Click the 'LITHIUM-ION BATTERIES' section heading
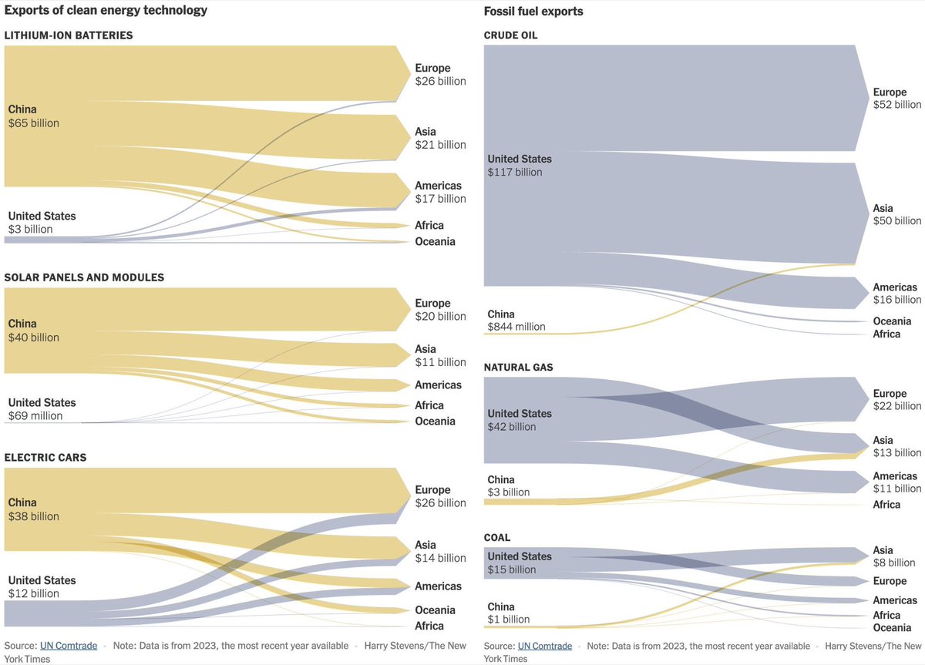69,35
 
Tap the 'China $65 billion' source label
33,116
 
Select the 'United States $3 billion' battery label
42,223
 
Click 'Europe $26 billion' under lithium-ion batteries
440,75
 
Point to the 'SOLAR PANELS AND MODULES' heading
84,277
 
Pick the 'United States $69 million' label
42,409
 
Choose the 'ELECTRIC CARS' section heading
45,458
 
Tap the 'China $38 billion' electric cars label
33,509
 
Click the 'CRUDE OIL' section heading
510,35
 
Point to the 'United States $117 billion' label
520,166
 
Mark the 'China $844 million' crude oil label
516,321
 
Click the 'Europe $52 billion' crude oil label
896,99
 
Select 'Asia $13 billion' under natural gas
896,446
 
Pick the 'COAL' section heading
497,538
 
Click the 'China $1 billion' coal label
509,613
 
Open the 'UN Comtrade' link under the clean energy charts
69,646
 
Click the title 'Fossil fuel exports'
533,12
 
